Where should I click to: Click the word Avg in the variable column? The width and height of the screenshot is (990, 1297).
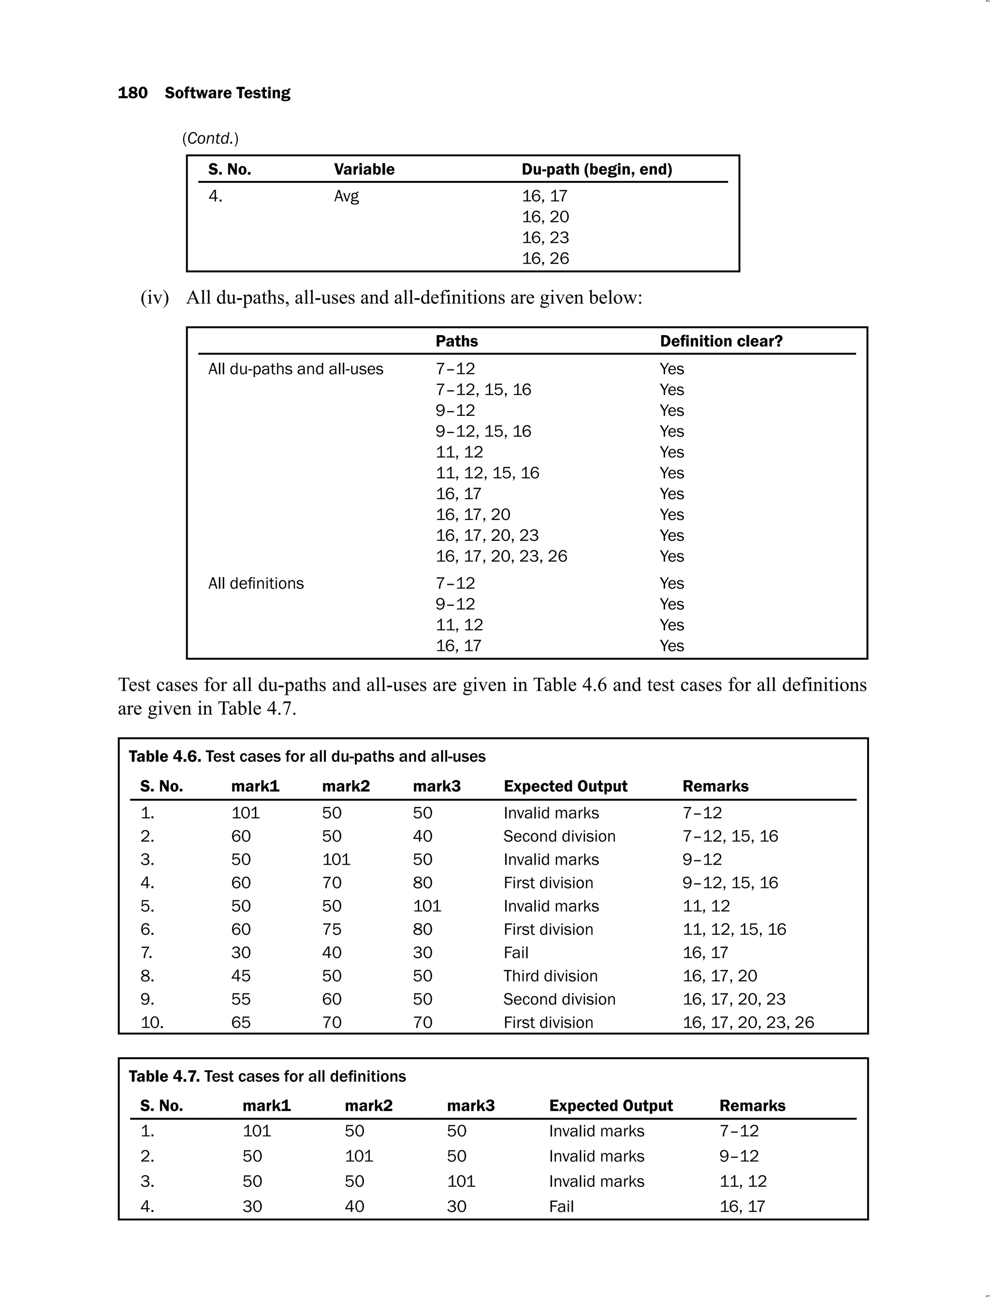point(346,196)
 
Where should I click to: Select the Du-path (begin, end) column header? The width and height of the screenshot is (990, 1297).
point(597,169)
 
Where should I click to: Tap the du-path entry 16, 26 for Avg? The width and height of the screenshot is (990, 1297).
point(545,258)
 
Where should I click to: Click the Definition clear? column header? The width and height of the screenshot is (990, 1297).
point(721,341)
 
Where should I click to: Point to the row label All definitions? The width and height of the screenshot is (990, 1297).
point(256,583)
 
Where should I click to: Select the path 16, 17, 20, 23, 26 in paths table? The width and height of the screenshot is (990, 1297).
point(501,556)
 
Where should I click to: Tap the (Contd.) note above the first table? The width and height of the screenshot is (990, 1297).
point(210,138)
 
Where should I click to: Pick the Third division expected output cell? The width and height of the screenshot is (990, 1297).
point(550,976)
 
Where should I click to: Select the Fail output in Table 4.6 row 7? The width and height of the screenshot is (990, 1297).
point(516,952)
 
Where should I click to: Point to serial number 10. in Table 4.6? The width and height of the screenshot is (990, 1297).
point(152,1022)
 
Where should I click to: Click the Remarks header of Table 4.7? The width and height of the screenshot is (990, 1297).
point(752,1105)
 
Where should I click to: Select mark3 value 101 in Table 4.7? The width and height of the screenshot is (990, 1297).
point(461,1181)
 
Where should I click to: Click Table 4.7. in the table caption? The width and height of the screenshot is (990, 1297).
point(164,1076)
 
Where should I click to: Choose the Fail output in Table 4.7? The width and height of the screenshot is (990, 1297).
point(561,1206)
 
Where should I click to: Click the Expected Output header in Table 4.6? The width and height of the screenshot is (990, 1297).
point(565,786)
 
